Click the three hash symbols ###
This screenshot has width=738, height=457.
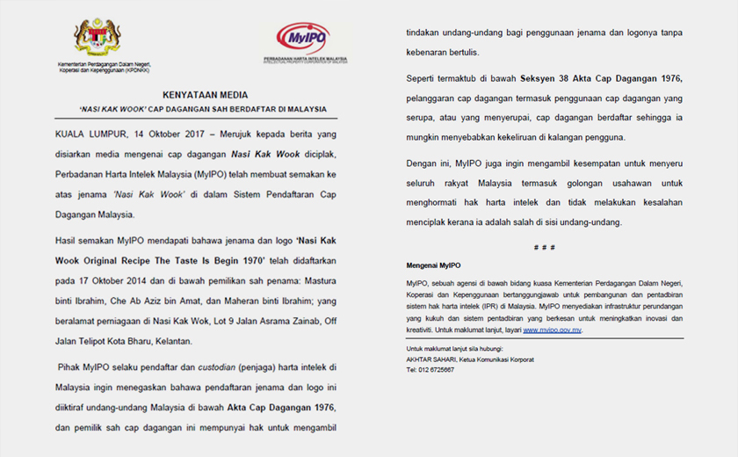[545, 248]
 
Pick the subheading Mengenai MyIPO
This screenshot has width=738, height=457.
[433, 265]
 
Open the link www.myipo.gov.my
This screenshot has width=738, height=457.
[553, 330]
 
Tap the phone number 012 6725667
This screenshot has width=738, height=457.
[437, 370]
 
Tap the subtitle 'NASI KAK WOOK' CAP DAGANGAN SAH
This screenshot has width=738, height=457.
[205, 109]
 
